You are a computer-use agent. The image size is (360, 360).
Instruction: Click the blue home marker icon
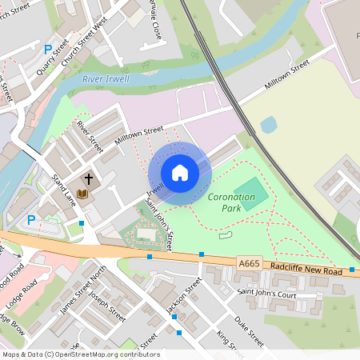[180, 173]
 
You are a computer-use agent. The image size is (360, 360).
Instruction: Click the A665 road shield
[250, 262]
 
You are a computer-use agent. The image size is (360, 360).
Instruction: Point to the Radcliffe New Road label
[306, 270]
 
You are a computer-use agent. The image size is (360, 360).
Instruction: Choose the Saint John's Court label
[270, 295]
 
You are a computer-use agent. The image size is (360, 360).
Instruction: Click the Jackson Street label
[183, 294]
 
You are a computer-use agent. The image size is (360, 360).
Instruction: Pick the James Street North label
[84, 293]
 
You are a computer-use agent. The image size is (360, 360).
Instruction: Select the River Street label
[90, 136]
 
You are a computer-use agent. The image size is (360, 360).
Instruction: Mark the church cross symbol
[88, 178]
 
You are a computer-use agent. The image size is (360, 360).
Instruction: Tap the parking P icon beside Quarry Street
[47, 49]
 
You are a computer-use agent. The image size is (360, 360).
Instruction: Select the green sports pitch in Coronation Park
[251, 194]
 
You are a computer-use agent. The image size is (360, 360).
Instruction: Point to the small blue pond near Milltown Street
[268, 125]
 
